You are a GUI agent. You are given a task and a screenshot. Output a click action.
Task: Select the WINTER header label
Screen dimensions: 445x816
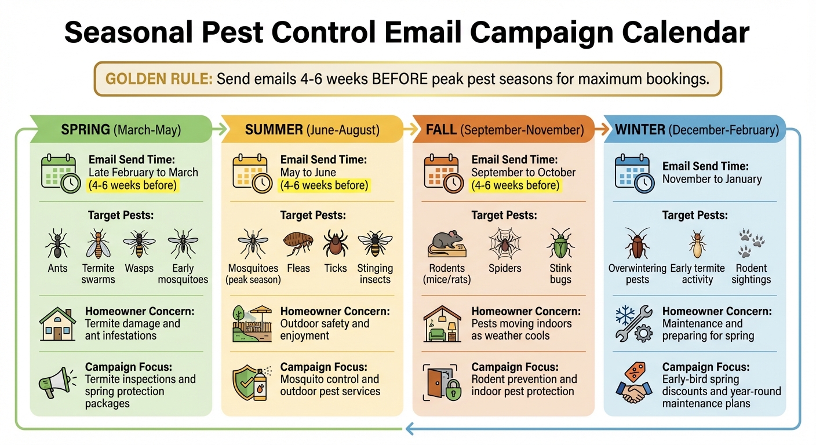[x=640, y=130]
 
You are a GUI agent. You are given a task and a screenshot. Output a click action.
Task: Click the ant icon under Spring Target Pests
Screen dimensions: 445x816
[x=57, y=243]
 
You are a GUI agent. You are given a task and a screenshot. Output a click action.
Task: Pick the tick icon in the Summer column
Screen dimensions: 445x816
[x=335, y=243]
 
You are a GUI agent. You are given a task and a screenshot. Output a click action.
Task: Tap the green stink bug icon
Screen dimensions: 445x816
[x=560, y=243]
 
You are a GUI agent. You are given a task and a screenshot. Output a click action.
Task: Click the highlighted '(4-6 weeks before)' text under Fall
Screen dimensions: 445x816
[x=515, y=185]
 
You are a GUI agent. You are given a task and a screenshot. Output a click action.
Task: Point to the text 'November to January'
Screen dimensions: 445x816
[x=712, y=179]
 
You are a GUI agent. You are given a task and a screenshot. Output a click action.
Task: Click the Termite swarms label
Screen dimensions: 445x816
[x=98, y=273]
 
